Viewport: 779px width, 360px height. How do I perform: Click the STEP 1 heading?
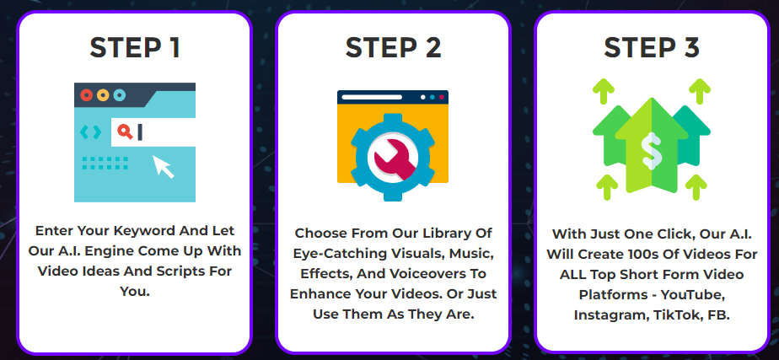135,48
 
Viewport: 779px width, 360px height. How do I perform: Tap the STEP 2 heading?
393,48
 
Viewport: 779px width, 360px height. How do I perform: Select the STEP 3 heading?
652,48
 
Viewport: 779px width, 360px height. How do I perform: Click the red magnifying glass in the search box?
125,132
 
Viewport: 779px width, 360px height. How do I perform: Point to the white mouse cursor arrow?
164,166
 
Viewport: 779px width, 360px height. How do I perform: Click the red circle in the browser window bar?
87,94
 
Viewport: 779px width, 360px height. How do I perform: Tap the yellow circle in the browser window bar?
103,94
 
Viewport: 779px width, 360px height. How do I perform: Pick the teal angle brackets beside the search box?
90,132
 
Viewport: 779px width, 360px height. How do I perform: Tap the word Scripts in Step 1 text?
183,271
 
